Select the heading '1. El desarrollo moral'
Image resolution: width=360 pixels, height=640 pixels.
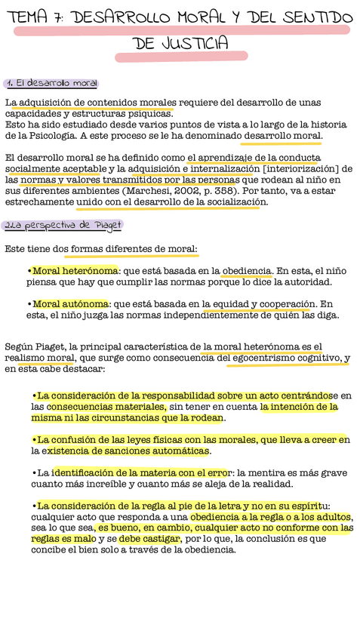tap(51, 83)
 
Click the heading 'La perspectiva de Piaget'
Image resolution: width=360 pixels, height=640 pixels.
tap(66, 225)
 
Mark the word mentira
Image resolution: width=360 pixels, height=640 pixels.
tap(278, 473)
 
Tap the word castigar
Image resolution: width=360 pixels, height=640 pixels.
tap(160, 539)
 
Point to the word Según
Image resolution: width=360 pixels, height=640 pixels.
tap(20, 346)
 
